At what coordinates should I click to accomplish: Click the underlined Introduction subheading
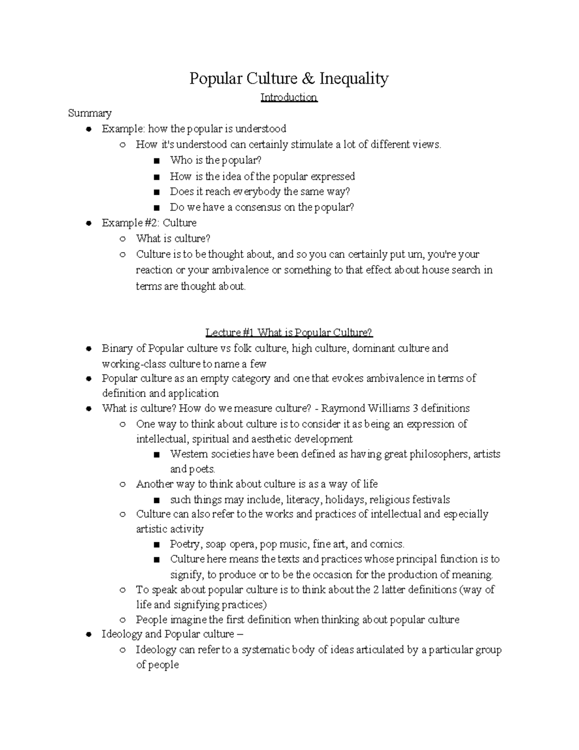point(289,98)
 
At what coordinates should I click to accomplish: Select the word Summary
point(90,113)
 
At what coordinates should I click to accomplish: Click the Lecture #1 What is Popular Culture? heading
point(289,333)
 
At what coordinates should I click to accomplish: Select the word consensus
point(258,207)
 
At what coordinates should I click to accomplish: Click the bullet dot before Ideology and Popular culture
point(89,635)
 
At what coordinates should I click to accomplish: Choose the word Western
point(190,454)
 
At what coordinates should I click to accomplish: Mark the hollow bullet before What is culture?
point(123,239)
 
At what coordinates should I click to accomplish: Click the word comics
point(386,544)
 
